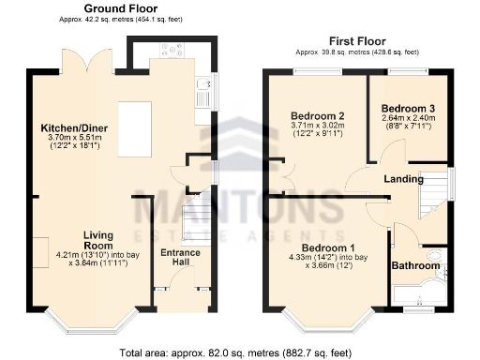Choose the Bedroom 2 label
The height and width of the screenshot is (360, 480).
point(317,116)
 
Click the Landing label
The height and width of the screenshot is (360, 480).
point(406,178)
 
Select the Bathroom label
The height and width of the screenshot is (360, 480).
point(415,266)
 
